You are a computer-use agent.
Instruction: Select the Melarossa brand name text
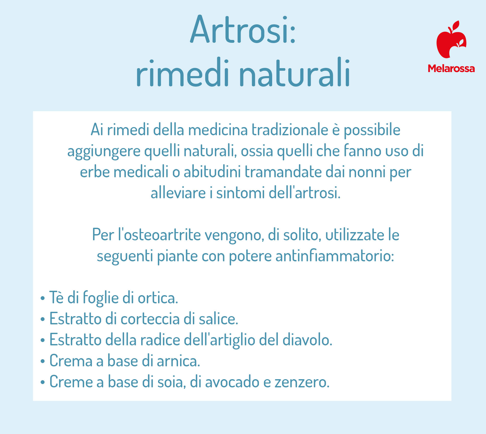point(451,68)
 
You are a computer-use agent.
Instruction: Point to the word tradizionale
point(290,130)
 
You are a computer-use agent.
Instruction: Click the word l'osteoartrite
point(159,234)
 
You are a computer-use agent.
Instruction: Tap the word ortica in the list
point(158,298)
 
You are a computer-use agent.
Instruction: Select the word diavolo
point(307,340)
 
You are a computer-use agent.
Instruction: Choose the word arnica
point(178,361)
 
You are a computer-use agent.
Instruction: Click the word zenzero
point(302,382)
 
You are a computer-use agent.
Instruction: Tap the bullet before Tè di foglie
point(43,298)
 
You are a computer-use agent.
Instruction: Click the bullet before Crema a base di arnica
point(43,361)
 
